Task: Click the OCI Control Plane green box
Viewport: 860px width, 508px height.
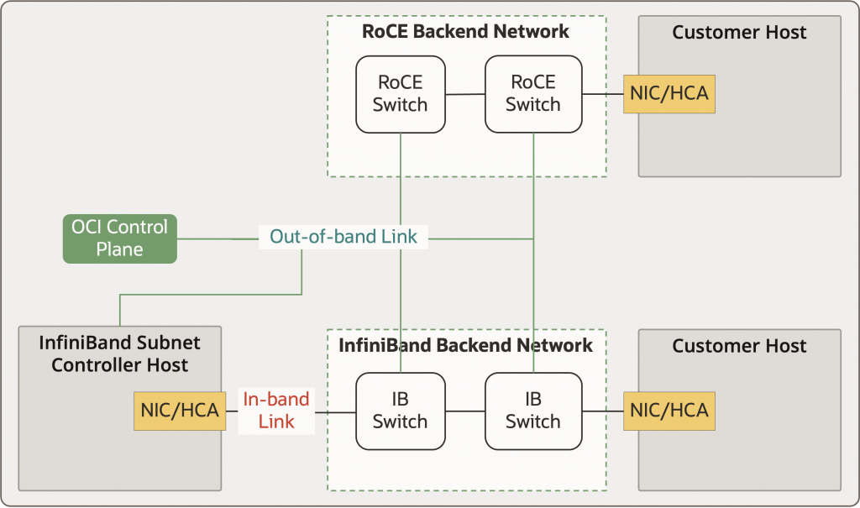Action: [119, 238]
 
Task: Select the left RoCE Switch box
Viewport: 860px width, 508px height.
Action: [400, 94]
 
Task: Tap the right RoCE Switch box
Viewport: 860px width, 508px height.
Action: [533, 94]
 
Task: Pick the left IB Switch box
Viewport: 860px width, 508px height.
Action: [400, 411]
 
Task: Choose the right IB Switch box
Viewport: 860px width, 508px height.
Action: [533, 411]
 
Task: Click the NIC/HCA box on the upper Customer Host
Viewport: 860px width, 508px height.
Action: [669, 94]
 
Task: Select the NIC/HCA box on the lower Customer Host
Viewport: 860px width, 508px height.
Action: [669, 411]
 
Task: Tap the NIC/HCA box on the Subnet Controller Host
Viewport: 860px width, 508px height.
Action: [179, 411]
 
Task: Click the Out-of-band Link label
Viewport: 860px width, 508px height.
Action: [343, 238]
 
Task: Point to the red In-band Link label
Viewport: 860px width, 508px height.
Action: [276, 411]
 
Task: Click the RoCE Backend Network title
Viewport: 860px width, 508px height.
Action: [465, 32]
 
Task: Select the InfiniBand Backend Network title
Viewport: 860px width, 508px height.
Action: [465, 345]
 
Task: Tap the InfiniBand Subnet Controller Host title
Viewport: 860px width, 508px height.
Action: [119, 354]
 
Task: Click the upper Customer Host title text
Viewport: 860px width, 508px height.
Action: [739, 33]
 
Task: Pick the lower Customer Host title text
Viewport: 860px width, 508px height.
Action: [739, 346]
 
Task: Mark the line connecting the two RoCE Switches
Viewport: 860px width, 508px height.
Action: [464, 94]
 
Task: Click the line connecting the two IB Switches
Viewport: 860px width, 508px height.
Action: [464, 411]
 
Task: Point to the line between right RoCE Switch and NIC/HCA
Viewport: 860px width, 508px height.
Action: [602, 94]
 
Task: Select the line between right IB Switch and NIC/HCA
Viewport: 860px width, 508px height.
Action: [602, 411]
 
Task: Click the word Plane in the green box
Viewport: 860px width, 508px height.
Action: [119, 249]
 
